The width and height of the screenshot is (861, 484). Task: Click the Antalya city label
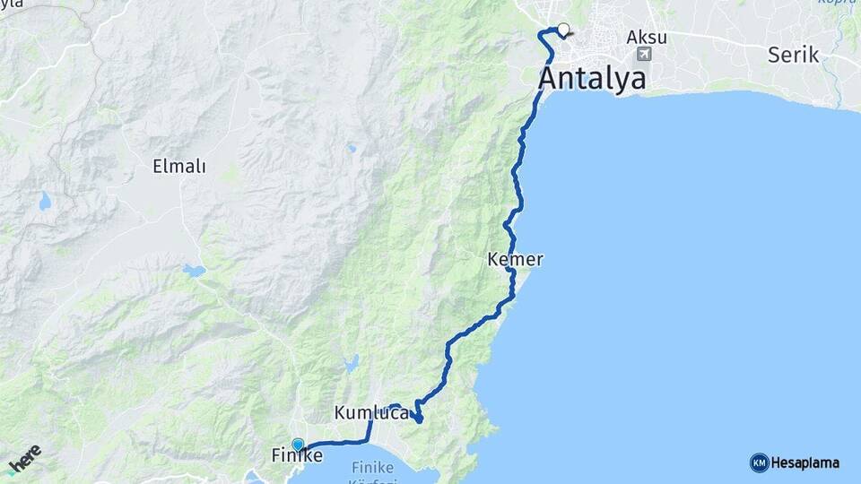click(x=592, y=78)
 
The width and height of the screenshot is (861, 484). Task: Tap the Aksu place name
click(x=646, y=37)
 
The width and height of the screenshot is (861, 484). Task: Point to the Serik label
click(x=793, y=55)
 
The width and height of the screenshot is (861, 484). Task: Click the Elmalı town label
click(x=179, y=166)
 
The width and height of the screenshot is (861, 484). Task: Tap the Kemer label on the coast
click(x=515, y=260)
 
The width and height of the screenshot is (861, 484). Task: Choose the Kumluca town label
click(x=371, y=413)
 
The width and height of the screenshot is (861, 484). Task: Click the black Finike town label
click(x=297, y=456)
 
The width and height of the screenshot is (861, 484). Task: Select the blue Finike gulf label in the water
click(x=380, y=468)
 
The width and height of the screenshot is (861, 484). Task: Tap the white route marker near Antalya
click(x=563, y=29)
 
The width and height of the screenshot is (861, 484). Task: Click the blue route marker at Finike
click(x=298, y=444)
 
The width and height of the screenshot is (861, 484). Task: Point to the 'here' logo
click(x=24, y=461)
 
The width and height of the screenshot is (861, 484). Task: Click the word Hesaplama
click(x=804, y=462)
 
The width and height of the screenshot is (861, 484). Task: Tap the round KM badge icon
click(x=759, y=462)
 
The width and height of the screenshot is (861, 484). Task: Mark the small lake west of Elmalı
click(x=45, y=203)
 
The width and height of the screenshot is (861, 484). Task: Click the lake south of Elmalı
click(x=193, y=269)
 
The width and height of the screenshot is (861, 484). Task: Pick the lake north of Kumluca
click(x=351, y=363)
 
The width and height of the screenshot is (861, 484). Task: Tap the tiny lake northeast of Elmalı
click(x=352, y=148)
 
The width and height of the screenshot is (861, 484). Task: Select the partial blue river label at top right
click(x=838, y=3)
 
